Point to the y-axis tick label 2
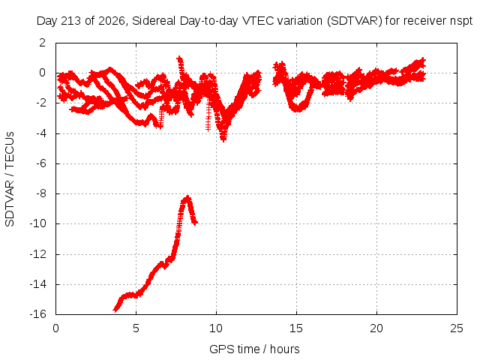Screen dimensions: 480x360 [43, 43]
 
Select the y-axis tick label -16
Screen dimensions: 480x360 [38, 314]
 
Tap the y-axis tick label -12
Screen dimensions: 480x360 [38, 254]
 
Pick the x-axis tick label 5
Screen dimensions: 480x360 [136, 328]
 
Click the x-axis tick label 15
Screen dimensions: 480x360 [296, 328]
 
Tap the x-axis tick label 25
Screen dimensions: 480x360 [457, 328]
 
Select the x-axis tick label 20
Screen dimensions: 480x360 [376, 328]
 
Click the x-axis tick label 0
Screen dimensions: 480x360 [55, 328]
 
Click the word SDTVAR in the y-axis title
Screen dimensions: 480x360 [10, 203]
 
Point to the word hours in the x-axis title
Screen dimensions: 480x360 [285, 349]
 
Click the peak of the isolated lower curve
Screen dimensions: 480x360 [187, 196]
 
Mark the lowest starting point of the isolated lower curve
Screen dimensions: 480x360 [115, 310]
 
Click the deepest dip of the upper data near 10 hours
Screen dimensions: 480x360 [223, 140]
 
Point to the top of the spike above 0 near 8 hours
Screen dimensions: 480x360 [179, 58]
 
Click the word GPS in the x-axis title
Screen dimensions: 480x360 [219, 349]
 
